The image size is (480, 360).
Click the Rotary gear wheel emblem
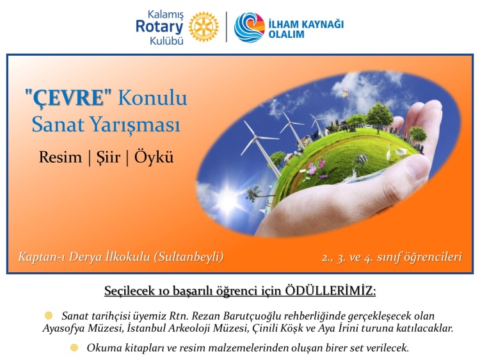click(204, 27)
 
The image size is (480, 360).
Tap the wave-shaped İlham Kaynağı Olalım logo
click(250, 28)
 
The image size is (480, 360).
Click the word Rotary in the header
click(159, 26)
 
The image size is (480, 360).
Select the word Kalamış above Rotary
click(166, 14)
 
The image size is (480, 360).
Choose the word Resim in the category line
click(60, 157)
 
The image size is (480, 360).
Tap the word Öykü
click(154, 156)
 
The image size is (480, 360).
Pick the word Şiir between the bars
click(108, 157)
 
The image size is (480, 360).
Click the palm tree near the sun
click(254, 193)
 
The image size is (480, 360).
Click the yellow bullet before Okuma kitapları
click(74, 347)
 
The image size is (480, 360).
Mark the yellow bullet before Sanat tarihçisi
click(49, 315)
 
